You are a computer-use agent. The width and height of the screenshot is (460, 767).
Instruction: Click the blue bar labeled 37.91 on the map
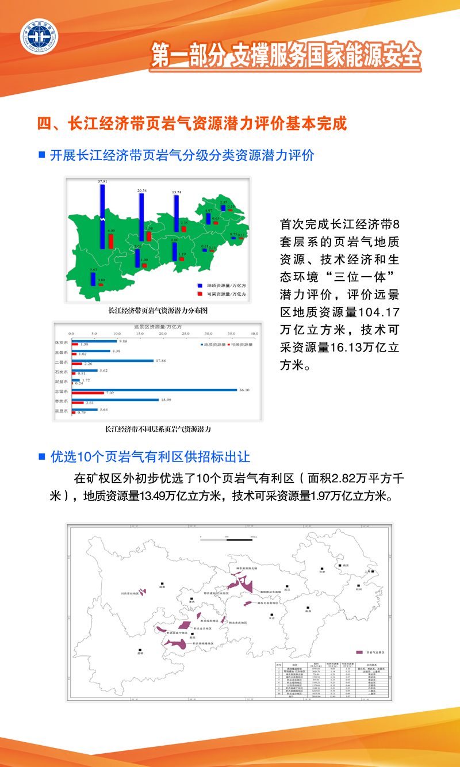[x=102, y=216]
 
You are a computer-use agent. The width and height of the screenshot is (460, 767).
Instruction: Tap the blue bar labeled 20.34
[x=141, y=217]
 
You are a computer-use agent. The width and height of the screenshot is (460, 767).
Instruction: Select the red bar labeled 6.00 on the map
[x=111, y=241]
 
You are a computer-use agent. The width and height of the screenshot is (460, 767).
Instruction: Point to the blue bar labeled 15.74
[x=176, y=213]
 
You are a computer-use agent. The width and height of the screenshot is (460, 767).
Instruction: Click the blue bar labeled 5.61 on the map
[x=93, y=278]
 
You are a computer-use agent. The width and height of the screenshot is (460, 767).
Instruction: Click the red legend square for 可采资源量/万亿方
[x=200, y=293]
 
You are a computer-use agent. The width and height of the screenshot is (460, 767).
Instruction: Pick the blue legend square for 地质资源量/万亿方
[x=200, y=285]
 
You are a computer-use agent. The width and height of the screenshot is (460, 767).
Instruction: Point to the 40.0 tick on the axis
[x=254, y=334]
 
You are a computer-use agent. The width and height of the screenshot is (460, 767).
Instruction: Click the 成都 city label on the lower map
[x=162, y=587]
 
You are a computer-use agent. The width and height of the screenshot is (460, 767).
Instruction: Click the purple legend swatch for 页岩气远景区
[x=359, y=652]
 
